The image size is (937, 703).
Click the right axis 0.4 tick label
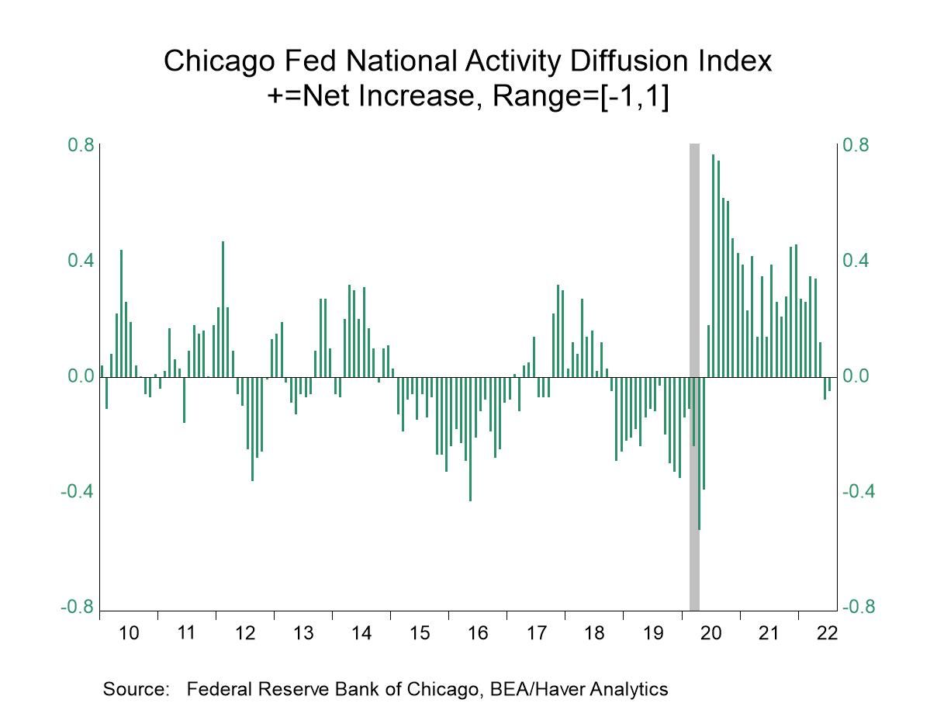[x=857, y=261]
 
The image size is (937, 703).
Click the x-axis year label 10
[x=129, y=632]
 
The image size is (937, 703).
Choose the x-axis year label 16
[x=478, y=632]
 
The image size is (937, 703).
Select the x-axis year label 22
[x=828, y=632]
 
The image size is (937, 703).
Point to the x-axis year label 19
[x=653, y=632]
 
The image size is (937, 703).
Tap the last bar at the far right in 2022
[x=829, y=384]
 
